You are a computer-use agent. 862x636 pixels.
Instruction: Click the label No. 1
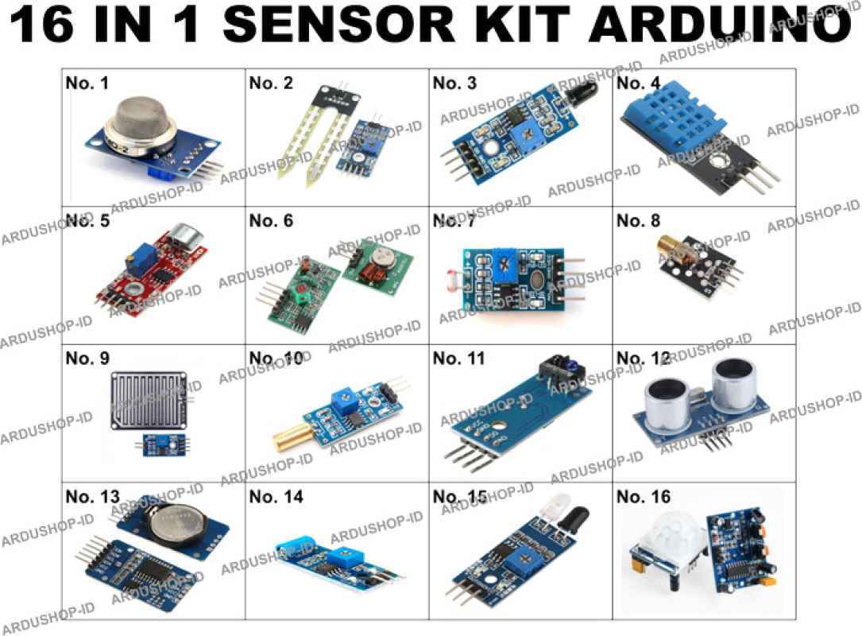(x=87, y=83)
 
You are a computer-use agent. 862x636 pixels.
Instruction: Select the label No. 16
(x=644, y=497)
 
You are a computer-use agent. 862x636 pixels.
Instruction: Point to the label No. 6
(x=271, y=221)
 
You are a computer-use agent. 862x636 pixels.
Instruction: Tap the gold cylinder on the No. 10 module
(x=296, y=435)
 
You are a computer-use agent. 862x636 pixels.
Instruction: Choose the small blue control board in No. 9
(x=165, y=444)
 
